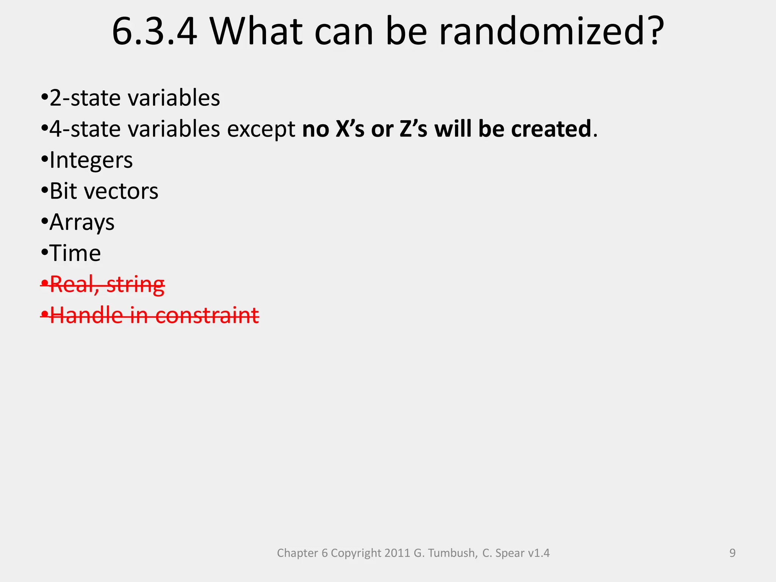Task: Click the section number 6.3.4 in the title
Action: pos(155,32)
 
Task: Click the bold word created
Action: pos(551,129)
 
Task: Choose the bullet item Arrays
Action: pos(82,223)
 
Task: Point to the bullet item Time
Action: pos(75,253)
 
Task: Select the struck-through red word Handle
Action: pos(86,316)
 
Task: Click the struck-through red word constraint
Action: pos(207,316)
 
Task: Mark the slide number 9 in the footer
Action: pos(732,553)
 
